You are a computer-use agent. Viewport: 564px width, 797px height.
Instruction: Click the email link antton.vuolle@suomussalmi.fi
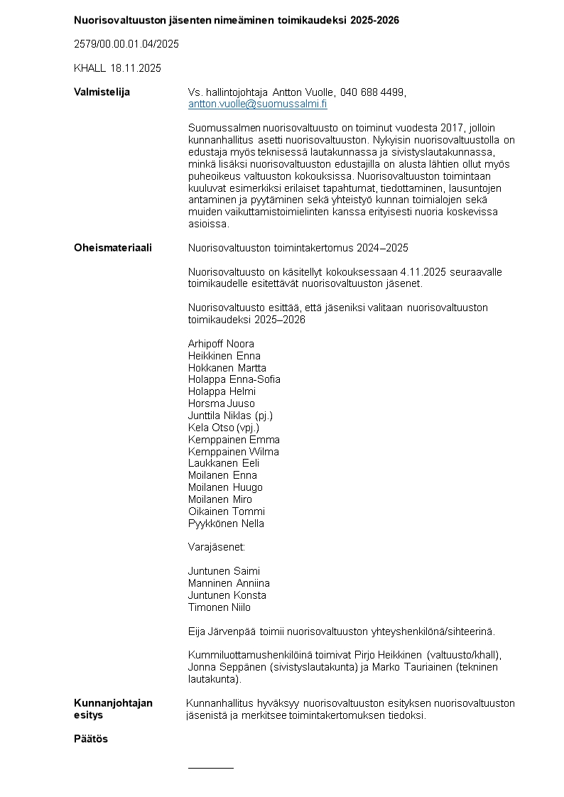tap(257, 104)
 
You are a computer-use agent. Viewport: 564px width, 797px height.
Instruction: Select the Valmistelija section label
tap(102, 92)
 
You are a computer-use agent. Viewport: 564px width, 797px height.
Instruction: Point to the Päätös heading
tap(91, 739)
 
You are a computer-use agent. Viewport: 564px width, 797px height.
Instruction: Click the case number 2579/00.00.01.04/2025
tap(126, 44)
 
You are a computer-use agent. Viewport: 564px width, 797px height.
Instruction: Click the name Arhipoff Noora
tap(221, 344)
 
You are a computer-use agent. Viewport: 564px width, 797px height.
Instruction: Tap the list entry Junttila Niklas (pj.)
tap(230, 416)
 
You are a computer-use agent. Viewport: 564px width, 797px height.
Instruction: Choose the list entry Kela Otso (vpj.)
tap(224, 428)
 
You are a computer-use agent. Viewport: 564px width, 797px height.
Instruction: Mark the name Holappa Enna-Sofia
tap(234, 379)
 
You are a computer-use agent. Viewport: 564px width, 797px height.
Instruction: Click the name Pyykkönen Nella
tap(226, 524)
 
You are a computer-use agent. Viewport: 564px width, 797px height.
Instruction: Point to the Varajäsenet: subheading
tap(216, 548)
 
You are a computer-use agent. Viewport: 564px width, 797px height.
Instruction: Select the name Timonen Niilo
tap(219, 607)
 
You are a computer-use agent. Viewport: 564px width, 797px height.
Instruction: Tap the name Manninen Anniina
tap(229, 583)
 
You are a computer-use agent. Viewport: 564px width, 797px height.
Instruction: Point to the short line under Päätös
tap(210, 768)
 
